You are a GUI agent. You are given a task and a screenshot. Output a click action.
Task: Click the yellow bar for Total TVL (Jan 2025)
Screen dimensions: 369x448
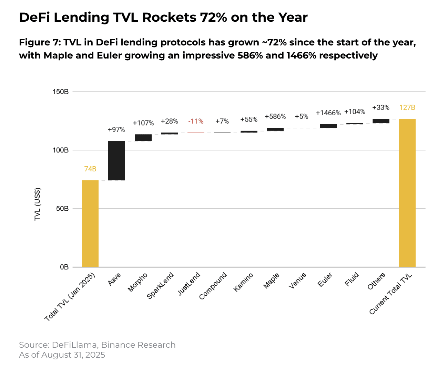pos(90,223)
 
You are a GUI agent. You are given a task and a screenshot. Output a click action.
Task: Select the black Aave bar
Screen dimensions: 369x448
pos(116,160)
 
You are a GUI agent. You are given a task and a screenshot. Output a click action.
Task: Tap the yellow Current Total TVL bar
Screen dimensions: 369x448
pos(407,193)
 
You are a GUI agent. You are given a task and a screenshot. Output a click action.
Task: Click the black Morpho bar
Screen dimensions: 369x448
pos(143,138)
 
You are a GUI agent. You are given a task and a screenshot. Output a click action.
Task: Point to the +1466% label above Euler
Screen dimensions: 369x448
pos(328,113)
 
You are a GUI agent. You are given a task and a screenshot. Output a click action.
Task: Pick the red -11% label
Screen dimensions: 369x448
pos(196,121)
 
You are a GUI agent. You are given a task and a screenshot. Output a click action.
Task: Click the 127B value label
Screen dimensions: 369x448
pos(407,107)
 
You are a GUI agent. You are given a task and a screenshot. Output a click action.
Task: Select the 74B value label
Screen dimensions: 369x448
pos(90,169)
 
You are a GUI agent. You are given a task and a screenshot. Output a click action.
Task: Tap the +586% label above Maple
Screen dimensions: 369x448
pos(275,116)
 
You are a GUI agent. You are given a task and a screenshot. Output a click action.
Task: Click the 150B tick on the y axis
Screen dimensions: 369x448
pos(61,92)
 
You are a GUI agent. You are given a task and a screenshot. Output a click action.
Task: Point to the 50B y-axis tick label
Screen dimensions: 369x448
pos(62,209)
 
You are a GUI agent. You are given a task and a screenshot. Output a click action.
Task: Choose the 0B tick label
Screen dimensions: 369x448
pos(64,267)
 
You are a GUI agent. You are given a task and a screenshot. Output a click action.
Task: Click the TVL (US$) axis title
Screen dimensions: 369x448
pos(38,204)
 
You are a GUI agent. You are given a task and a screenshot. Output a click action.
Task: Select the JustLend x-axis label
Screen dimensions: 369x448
pos(189,284)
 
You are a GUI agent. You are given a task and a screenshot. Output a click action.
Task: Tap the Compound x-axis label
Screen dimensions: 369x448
pos(213,286)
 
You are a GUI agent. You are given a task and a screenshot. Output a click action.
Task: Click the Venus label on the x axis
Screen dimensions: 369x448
pos(297,281)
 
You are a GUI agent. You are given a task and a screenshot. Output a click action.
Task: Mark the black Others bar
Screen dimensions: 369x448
pos(381,121)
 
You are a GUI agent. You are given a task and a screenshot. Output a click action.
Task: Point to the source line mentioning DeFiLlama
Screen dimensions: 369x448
pos(97,345)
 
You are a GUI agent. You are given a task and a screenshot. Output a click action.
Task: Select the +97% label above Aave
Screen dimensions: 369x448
pos(116,129)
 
